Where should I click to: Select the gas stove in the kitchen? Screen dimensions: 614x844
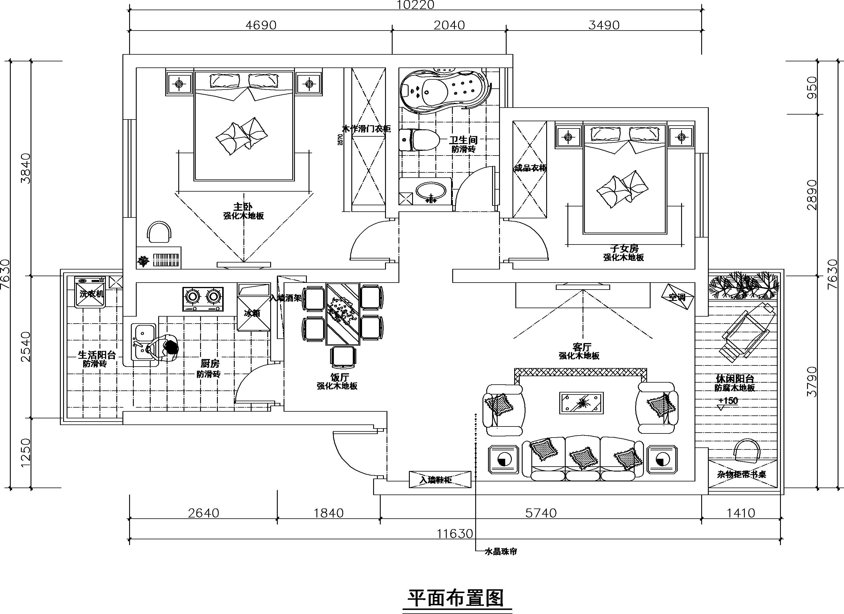(203, 299)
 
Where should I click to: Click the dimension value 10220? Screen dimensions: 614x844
(415, 5)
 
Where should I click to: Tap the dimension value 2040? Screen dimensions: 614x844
(449, 25)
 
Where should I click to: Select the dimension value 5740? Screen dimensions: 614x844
(541, 513)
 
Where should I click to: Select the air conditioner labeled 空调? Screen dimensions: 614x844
(677, 297)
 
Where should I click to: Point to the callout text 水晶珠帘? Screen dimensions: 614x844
(501, 551)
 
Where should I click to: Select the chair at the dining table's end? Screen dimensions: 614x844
(343, 356)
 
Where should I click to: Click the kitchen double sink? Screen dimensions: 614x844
(143, 341)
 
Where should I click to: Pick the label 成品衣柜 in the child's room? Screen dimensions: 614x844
(530, 168)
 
